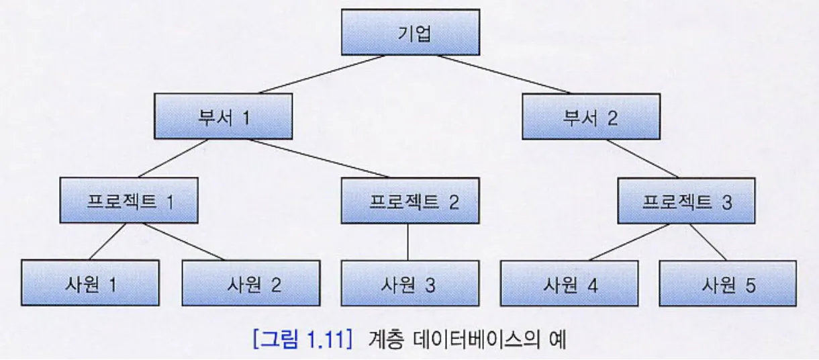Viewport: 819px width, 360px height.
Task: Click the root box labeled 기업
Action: point(410,32)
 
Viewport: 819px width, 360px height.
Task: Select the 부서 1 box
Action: point(224,116)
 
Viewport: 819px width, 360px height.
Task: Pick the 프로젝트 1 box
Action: point(129,200)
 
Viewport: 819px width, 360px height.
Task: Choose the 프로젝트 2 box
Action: point(410,200)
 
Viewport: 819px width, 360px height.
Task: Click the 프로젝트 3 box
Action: point(687,200)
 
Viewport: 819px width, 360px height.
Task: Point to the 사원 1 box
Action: point(90,283)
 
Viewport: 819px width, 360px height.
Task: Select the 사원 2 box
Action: point(250,283)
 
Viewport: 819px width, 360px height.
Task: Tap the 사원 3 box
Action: point(410,283)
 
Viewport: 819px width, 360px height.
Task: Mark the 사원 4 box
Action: point(570,283)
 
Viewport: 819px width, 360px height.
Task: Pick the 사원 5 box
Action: point(728,283)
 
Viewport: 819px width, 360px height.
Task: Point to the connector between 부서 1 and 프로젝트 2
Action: point(319,159)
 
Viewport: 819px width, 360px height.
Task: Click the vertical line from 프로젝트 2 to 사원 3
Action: point(408,242)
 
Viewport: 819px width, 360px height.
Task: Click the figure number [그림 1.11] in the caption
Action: point(302,341)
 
